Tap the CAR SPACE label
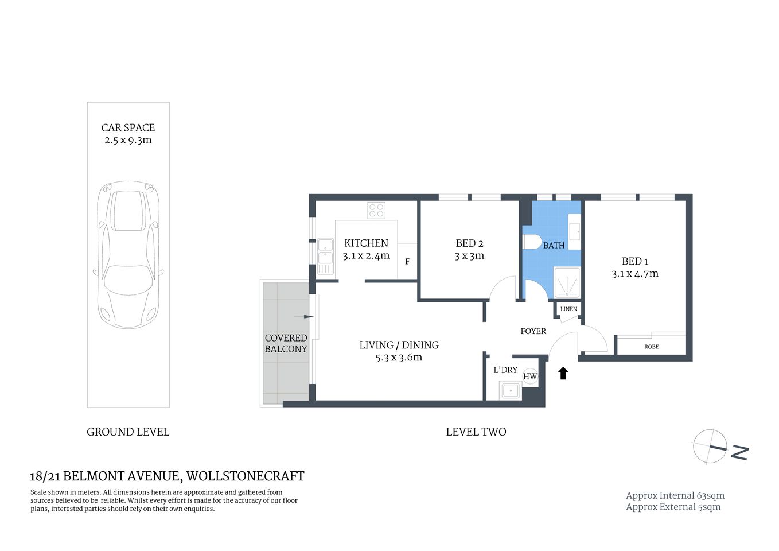128,128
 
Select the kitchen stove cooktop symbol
376,211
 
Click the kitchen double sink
325,258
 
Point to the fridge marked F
407,262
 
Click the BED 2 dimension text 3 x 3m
469,256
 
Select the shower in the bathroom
567,282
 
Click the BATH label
554,246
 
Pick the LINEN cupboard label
568,309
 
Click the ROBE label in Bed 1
651,347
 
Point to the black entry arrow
563,374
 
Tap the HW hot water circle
530,377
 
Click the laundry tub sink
510,391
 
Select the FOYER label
533,331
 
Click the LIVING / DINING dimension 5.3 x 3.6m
399,358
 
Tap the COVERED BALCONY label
286,343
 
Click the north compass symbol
710,445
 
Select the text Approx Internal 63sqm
675,496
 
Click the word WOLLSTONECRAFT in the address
246,476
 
